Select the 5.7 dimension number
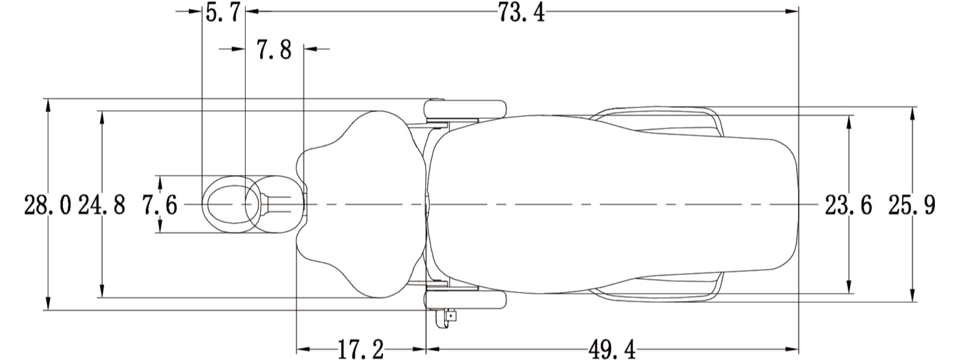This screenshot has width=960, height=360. (223, 12)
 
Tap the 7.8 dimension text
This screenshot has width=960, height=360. (274, 50)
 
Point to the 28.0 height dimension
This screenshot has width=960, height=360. (48, 205)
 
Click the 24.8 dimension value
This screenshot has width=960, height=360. (102, 205)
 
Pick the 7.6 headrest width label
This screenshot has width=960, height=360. (160, 205)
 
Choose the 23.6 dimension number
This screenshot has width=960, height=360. (848, 205)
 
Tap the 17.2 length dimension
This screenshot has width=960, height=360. (361, 349)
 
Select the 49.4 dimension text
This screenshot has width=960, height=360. (612, 349)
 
